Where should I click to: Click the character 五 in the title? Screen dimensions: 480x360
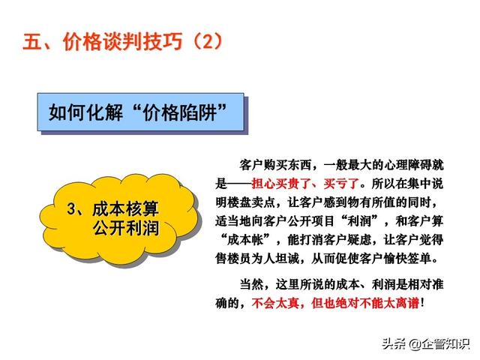click(x=33, y=41)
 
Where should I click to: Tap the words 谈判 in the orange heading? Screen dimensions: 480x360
click(x=122, y=41)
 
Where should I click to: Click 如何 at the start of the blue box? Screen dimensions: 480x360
click(x=67, y=112)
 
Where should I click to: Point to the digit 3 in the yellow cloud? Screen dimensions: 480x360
click(x=71, y=209)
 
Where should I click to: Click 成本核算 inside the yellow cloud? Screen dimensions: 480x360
click(x=125, y=209)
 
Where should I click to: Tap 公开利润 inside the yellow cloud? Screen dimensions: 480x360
click(x=125, y=228)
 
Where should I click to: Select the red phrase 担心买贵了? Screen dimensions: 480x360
click(x=281, y=184)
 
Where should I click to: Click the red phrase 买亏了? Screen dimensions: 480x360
click(x=341, y=184)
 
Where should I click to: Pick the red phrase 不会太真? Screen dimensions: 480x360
click(x=275, y=303)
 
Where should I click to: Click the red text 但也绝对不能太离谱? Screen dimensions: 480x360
click(x=365, y=303)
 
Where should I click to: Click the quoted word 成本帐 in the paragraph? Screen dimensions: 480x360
click(x=245, y=240)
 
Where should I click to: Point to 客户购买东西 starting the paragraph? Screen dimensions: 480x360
click(x=275, y=165)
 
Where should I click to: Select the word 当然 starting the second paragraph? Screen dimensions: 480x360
click(x=251, y=284)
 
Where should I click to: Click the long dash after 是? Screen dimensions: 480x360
click(x=239, y=184)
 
